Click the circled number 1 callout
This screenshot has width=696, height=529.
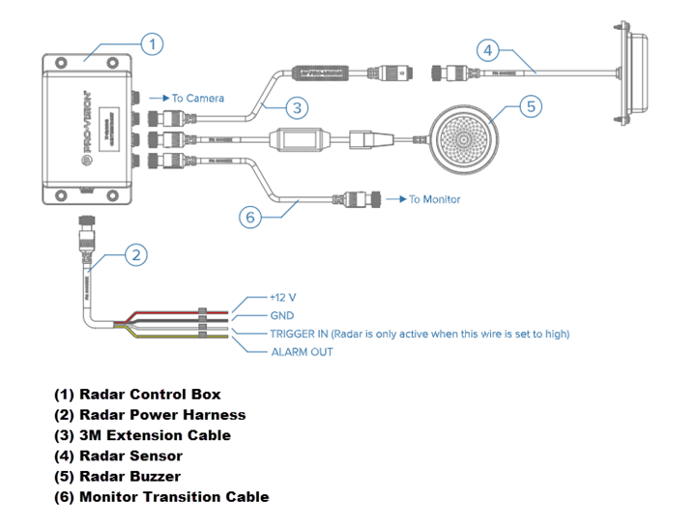[153, 44]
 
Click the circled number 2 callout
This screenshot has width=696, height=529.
[137, 255]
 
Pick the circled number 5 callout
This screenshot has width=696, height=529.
[530, 105]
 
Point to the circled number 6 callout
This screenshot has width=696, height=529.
[250, 218]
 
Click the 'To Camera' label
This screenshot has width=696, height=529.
[197, 99]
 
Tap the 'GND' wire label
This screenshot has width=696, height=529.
[282, 316]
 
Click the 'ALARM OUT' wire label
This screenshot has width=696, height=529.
[302, 352]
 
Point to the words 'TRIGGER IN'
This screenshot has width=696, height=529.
[301, 334]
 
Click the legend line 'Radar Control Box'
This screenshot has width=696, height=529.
[137, 395]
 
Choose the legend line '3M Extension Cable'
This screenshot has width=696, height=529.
[142, 435]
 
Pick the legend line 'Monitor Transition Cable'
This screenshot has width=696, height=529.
[160, 497]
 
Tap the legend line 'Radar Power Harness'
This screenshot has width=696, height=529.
[150, 415]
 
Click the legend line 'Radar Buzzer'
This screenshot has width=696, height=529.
[117, 477]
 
